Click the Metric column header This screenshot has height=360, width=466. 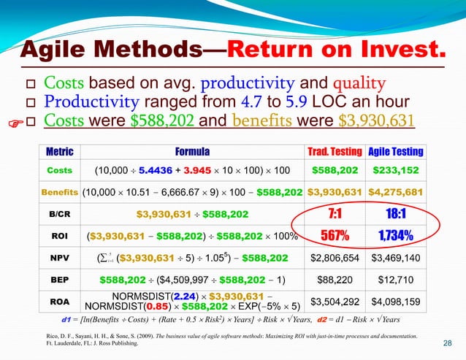click(59, 152)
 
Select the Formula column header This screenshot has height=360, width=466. click(192, 152)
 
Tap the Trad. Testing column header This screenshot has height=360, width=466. click(335, 152)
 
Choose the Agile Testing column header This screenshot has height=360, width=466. click(395, 152)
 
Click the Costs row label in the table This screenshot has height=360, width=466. click(59, 170)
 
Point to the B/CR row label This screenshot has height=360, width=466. click(59, 214)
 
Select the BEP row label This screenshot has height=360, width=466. click(59, 278)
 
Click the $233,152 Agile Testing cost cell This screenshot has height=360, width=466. click(395, 170)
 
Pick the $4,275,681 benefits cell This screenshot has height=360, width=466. click(395, 192)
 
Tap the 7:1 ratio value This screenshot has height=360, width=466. click(335, 214)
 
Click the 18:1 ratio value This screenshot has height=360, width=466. click(395, 214)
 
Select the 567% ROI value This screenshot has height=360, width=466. click(335, 236)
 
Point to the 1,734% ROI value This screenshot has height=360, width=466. click(395, 236)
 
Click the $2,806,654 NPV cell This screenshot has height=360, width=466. click(335, 258)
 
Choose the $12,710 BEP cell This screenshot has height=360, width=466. click(395, 278)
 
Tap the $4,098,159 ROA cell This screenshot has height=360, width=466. click(395, 301)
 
